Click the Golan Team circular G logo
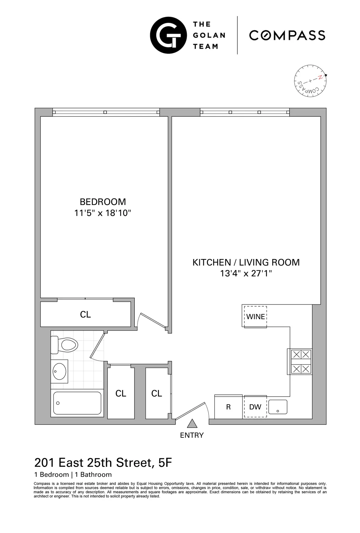click(x=168, y=35)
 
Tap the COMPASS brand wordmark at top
click(x=287, y=35)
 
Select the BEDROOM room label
click(x=103, y=202)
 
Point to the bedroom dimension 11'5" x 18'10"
click(x=103, y=213)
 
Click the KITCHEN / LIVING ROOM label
click(x=246, y=263)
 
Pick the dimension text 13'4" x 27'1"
click(x=246, y=274)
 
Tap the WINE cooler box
click(x=255, y=316)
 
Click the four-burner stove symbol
click(x=301, y=362)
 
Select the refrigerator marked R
click(x=229, y=407)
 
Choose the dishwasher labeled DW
click(x=255, y=407)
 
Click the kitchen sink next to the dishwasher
click(x=278, y=407)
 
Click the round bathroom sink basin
click(x=59, y=371)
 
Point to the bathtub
click(x=77, y=403)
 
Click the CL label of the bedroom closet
click(x=85, y=314)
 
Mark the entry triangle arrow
click(x=192, y=424)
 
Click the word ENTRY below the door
click(x=192, y=435)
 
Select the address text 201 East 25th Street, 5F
click(x=103, y=463)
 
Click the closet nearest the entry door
click(x=157, y=393)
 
